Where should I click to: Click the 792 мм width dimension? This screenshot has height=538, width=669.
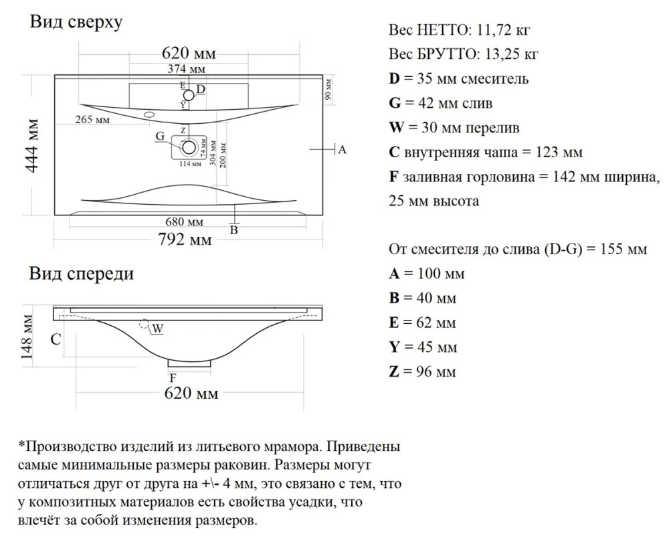(185, 240)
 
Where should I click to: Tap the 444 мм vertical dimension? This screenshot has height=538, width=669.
(32, 146)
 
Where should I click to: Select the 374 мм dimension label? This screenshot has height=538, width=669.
(186, 69)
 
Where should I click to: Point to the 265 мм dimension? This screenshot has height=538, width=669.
(92, 120)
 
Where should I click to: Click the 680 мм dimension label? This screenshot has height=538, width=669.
(185, 222)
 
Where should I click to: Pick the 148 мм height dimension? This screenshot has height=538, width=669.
(27, 337)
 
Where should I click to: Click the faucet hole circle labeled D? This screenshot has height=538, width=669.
(189, 95)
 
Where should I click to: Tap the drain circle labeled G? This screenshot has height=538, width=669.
(189, 148)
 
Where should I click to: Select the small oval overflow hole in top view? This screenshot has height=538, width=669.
(149, 114)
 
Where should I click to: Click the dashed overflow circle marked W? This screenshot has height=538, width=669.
(145, 324)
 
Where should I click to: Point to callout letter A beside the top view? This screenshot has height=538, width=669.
(342, 150)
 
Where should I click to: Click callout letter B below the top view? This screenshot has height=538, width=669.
(233, 230)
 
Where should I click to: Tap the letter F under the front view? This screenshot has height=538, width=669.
(173, 378)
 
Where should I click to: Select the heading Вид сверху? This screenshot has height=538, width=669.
(76, 22)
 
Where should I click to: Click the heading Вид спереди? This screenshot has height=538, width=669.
(82, 273)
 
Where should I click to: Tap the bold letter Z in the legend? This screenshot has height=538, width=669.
(394, 371)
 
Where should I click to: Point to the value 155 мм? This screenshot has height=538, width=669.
(624, 249)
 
